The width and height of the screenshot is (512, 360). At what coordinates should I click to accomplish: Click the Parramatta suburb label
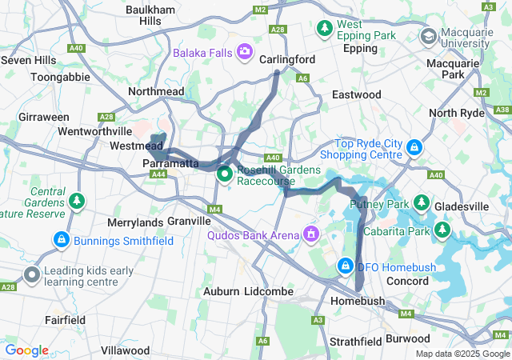coord(170,163)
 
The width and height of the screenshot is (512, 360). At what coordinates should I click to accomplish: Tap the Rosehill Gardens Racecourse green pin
coord(225,173)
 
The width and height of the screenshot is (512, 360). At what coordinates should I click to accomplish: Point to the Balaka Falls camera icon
coord(244,54)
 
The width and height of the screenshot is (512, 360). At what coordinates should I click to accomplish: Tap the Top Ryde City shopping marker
coord(414,148)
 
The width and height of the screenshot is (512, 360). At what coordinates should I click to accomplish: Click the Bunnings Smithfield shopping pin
coord(61,239)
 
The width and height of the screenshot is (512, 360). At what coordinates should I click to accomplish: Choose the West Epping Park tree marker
coord(325,30)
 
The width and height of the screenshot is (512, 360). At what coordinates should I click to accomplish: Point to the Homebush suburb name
coord(357,301)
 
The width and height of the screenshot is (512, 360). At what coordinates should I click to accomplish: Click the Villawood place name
coord(125,350)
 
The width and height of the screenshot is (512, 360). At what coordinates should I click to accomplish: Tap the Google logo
coord(26,350)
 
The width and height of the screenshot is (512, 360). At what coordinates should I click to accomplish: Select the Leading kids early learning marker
coord(32,276)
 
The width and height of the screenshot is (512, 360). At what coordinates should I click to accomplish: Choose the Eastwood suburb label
coord(356,94)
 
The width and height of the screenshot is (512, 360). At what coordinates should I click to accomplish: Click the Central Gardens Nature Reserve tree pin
coord(77,200)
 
